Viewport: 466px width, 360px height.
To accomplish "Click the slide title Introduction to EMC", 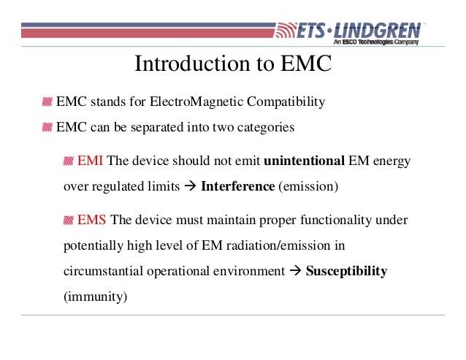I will pyautogui.click(x=233, y=64).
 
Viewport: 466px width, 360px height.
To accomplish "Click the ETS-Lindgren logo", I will pyautogui.click(x=348, y=31).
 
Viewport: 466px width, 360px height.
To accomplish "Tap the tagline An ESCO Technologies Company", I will pyautogui.click(x=376, y=43).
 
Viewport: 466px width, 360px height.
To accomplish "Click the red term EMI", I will pyautogui.click(x=92, y=161).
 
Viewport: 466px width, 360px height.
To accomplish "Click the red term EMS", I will pyautogui.click(x=93, y=220).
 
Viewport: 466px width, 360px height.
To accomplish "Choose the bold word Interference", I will pyautogui.click(x=237, y=186).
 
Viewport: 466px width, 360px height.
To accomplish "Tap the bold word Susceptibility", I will pyautogui.click(x=346, y=271).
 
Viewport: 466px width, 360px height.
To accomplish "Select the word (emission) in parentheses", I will pyautogui.click(x=308, y=186).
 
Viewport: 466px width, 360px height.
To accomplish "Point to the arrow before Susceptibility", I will pyautogui.click(x=295, y=271).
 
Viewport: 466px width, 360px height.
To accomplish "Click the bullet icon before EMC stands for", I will pyautogui.click(x=48, y=102).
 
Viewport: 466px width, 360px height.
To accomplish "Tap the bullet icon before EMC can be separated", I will pyautogui.click(x=48, y=128).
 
